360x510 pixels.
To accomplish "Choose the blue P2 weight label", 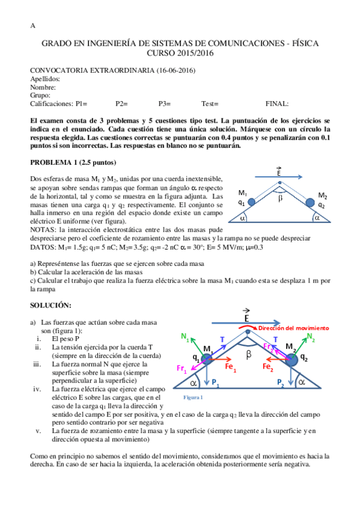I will point(281,382).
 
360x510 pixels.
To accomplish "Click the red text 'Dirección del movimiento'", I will point(294,328).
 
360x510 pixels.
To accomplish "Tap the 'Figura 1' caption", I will point(193,398).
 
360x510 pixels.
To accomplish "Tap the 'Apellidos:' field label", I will point(46,79).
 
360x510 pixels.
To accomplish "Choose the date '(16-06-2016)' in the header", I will point(175,70).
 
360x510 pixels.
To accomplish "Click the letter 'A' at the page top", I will point(32,26).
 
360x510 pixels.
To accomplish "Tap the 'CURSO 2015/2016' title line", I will point(180,54).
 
